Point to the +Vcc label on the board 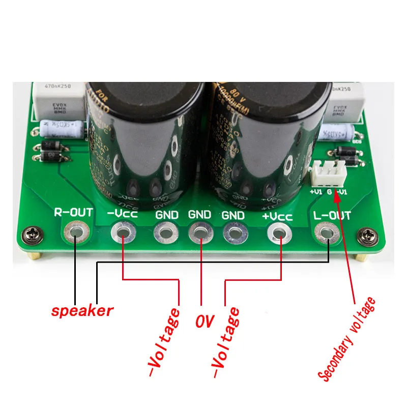click(x=277, y=216)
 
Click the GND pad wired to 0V click(x=200, y=234)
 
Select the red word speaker click(x=81, y=311)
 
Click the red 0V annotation click(x=204, y=322)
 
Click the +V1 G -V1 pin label click(x=329, y=192)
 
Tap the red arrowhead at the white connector click(x=336, y=195)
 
